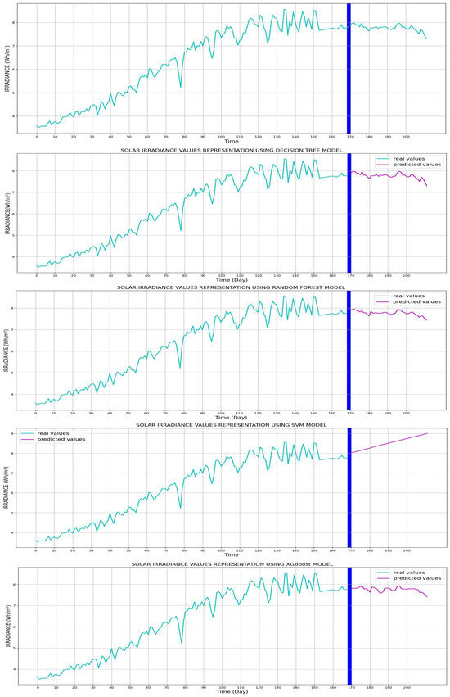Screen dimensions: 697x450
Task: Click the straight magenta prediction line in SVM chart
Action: [x=393, y=444]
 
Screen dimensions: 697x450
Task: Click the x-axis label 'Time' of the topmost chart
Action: [x=232, y=142]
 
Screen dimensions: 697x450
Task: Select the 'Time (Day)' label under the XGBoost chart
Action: [x=232, y=692]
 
